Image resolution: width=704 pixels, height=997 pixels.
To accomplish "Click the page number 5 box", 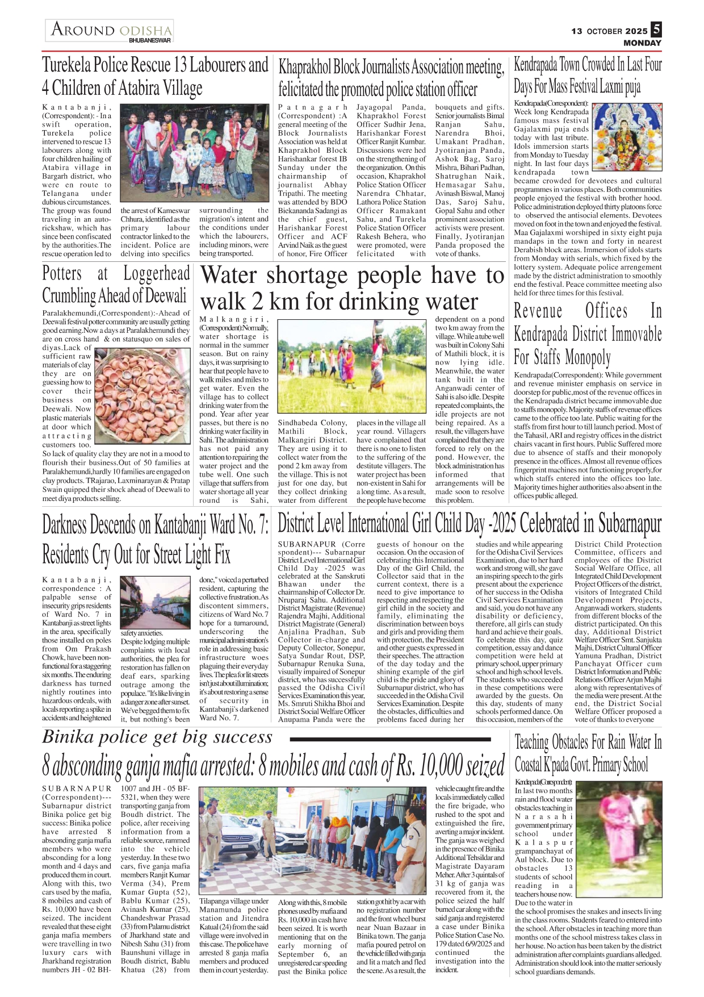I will (656, 29).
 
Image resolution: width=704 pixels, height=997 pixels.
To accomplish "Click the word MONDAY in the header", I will (642, 43).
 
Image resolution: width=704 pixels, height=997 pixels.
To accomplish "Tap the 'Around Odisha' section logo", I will (110, 31).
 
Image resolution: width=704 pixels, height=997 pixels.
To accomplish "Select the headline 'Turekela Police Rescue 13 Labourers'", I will (155, 76).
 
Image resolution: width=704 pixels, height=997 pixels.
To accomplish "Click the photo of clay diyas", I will (142, 398).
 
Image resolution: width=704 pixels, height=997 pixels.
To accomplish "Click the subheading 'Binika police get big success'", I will (157, 737).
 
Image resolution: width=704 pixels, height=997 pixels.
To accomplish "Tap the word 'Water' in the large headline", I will (228, 276).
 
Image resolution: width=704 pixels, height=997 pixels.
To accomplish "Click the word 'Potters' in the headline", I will (62, 274).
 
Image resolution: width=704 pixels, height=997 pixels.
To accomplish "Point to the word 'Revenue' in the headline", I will (538, 311).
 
